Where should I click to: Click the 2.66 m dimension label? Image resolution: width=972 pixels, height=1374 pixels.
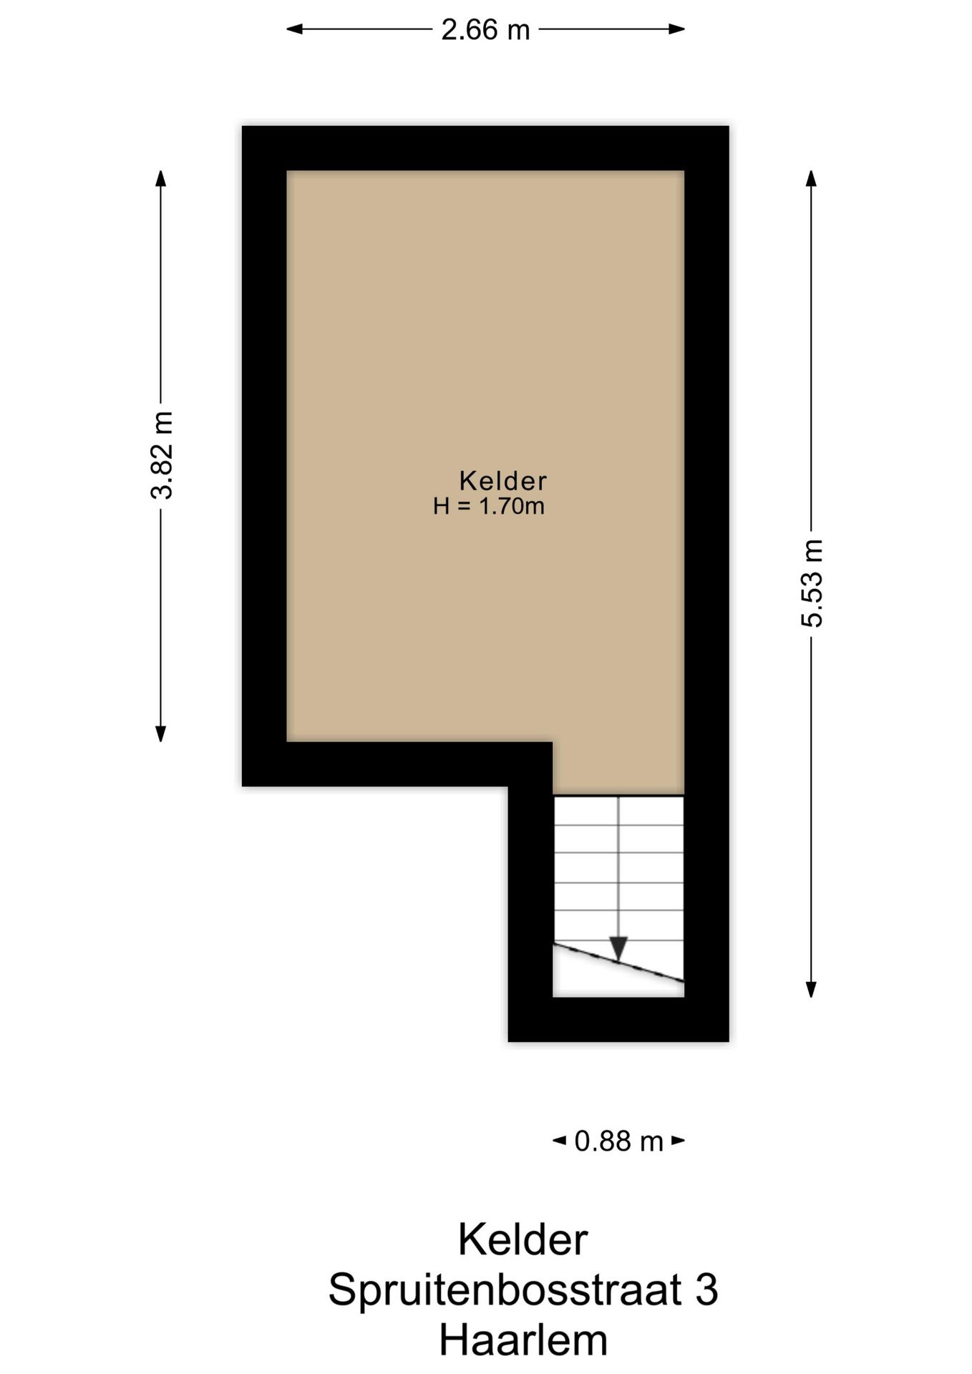[485, 29]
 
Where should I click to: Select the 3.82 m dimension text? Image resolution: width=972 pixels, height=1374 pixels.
[162, 455]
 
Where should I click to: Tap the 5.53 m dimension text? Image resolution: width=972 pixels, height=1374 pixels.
[812, 583]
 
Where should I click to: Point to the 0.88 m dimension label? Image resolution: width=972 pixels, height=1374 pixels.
[619, 1141]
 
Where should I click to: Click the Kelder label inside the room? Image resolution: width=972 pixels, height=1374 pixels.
[503, 480]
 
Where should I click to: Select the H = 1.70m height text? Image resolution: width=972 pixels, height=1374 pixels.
[489, 507]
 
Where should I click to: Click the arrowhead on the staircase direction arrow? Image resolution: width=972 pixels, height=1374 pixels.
[618, 949]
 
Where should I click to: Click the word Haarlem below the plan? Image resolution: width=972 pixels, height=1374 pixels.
[523, 1340]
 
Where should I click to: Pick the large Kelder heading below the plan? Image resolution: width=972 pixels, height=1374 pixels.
[523, 1239]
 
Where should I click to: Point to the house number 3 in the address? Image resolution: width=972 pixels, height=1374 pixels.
[706, 1290]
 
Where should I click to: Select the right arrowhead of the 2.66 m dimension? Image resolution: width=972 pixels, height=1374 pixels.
[676, 29]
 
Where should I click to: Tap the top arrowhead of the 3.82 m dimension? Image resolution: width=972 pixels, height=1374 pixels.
[161, 179]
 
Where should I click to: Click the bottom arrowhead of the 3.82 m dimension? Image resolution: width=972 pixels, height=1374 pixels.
[161, 733]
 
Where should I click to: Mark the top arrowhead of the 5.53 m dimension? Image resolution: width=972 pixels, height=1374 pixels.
[811, 179]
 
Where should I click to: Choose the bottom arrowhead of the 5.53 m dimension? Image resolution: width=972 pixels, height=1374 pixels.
[811, 988]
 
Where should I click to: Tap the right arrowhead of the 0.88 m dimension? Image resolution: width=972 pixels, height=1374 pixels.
[678, 1141]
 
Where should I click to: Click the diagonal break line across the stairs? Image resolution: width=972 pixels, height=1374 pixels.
[619, 963]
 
